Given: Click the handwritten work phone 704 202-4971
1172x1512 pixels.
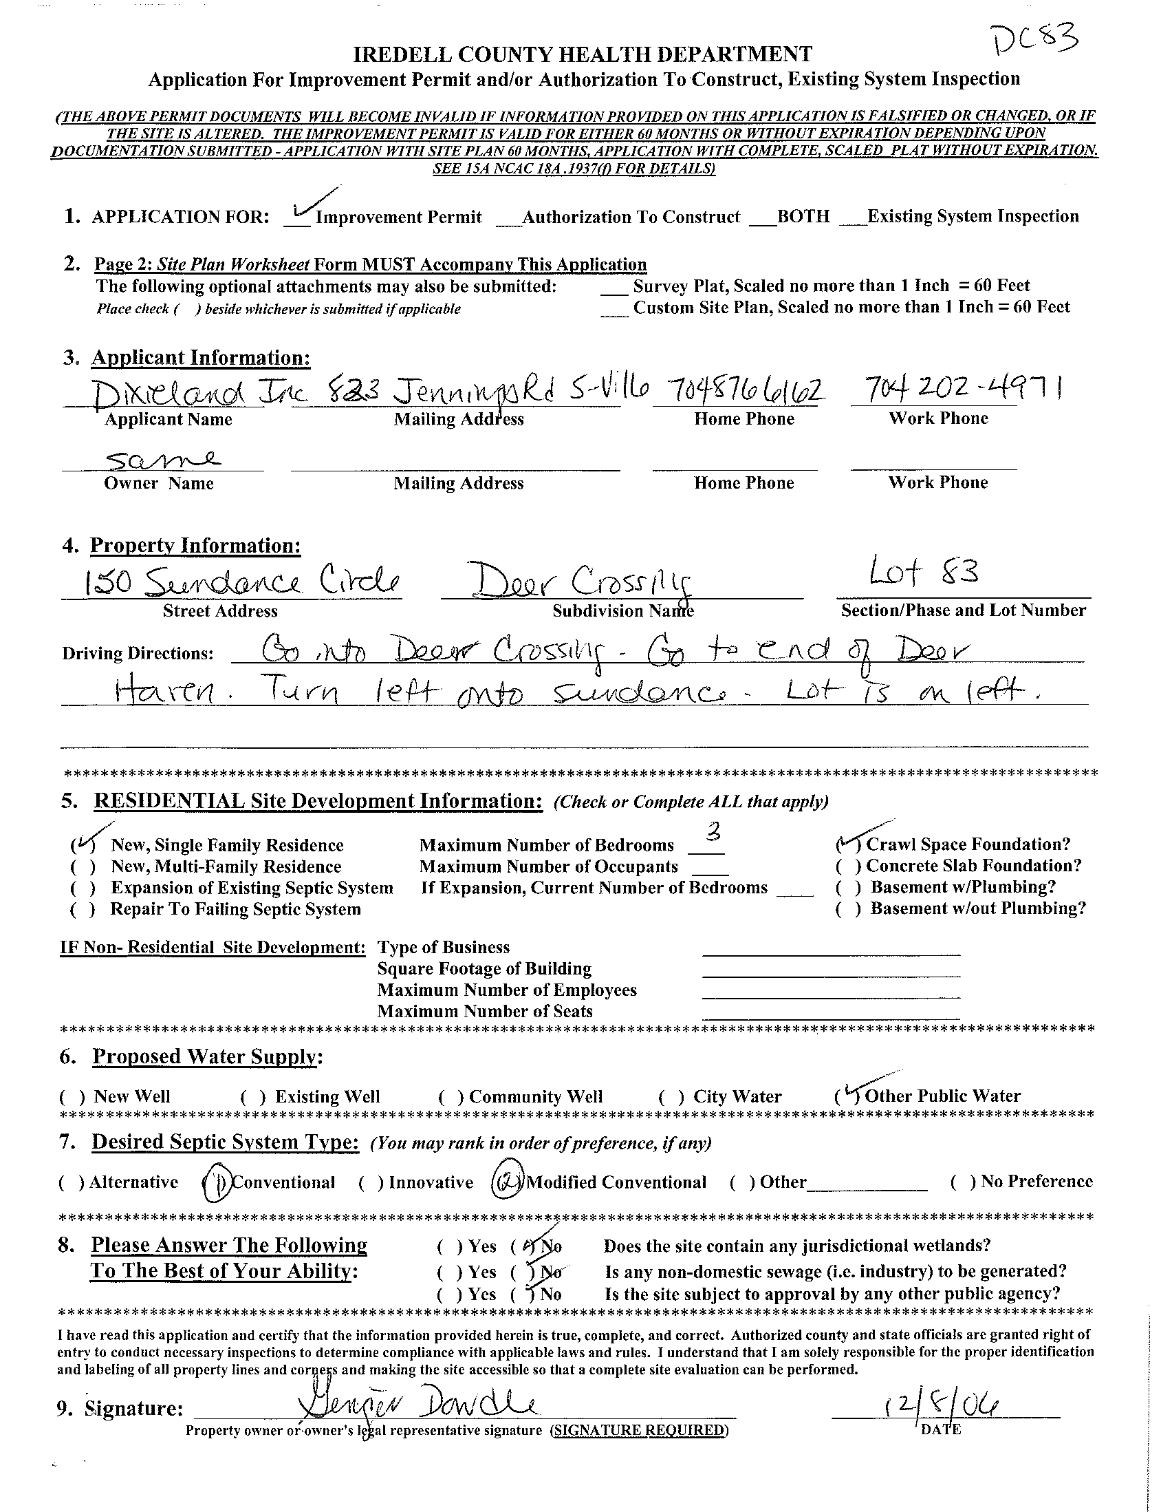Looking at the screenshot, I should pyautogui.click(x=955, y=391).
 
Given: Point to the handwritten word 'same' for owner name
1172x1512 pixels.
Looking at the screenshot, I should pyautogui.click(x=163, y=458).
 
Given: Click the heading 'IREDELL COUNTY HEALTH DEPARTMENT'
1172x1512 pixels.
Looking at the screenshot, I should pyautogui.click(x=582, y=54).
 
